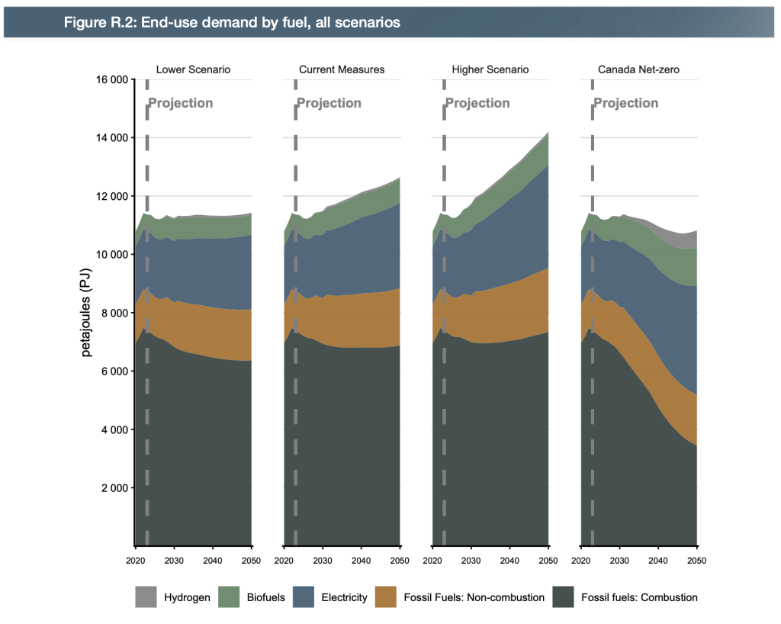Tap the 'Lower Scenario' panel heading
(x=193, y=69)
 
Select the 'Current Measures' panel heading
(x=342, y=69)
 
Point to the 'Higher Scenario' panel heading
(x=490, y=69)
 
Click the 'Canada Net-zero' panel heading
(x=638, y=69)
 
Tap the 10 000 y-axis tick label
(x=111, y=255)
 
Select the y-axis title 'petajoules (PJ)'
(x=86, y=312)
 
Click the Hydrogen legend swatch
(x=146, y=597)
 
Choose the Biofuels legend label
(x=266, y=597)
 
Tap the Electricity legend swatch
(x=304, y=597)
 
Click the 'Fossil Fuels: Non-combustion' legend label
(x=474, y=597)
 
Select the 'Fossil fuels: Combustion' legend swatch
(x=564, y=597)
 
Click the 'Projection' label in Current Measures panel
(x=329, y=103)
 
